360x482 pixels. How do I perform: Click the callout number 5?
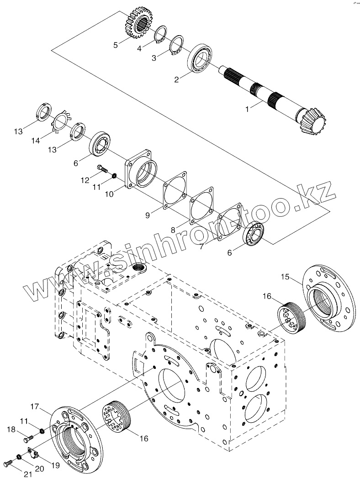tap(116, 45)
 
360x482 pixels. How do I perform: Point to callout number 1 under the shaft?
tap(248, 109)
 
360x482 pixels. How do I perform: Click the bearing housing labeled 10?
tap(142, 172)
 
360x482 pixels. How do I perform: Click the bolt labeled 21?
tap(7, 463)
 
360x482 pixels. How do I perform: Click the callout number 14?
tap(36, 141)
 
